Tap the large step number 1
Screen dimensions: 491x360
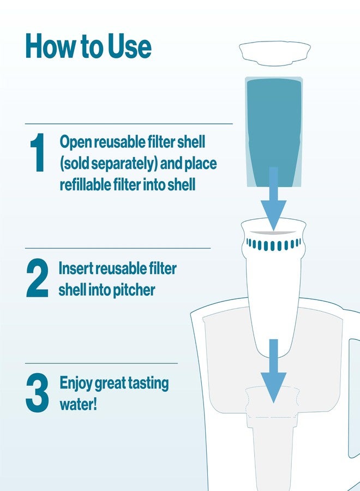[37, 154]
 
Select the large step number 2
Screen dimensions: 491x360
[37, 279]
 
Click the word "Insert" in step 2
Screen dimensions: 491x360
[75, 268]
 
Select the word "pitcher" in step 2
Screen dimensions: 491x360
[133, 290]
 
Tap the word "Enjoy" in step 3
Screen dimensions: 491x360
[75, 383]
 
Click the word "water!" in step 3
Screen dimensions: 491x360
[78, 405]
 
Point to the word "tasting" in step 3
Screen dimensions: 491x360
[147, 383]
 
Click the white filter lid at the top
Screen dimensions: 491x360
[275, 52]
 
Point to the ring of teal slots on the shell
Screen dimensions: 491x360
[274, 244]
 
